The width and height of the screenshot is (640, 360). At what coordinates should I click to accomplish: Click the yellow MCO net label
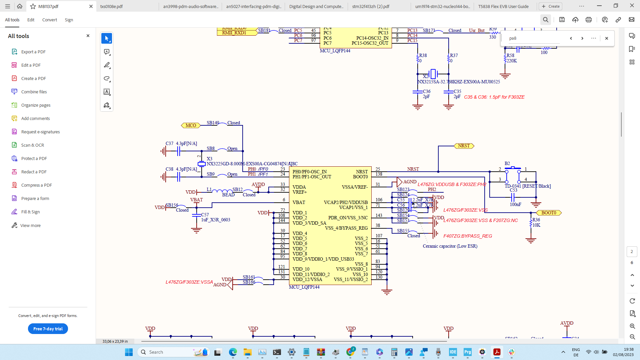[x=191, y=125]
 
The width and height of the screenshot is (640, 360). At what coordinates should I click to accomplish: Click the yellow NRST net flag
[x=464, y=146]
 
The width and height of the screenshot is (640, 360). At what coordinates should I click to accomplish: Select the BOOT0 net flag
[x=549, y=213]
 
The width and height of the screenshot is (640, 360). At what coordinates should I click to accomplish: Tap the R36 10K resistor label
[x=536, y=222]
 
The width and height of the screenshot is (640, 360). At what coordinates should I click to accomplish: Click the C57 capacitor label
[x=205, y=215]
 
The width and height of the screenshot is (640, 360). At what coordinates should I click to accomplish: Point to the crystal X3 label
[x=209, y=159]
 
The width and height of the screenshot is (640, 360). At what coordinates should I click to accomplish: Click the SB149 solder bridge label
[x=213, y=123]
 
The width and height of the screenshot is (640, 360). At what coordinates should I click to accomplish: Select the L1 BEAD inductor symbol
[x=222, y=191]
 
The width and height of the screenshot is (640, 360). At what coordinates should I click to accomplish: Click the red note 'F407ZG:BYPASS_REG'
[x=467, y=236]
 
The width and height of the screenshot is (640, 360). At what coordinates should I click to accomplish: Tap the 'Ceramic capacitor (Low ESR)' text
[x=450, y=246]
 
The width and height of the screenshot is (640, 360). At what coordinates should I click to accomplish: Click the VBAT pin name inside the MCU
[x=299, y=202]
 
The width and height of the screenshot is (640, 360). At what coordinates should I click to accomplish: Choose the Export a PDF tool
[x=33, y=52]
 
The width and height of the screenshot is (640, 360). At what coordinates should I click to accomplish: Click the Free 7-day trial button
[x=48, y=329]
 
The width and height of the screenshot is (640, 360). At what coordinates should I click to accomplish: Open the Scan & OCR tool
[x=32, y=145]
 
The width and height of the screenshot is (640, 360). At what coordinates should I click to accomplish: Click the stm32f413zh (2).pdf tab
[x=371, y=6]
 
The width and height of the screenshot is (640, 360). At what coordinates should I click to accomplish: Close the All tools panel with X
[x=88, y=36]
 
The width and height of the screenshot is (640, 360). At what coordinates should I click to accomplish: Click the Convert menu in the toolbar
[x=49, y=20]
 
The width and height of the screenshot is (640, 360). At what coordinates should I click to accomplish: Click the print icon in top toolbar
[x=588, y=20]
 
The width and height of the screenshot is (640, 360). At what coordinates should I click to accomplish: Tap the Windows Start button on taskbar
[x=129, y=352]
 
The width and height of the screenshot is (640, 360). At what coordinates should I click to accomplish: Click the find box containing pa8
[x=533, y=38]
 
